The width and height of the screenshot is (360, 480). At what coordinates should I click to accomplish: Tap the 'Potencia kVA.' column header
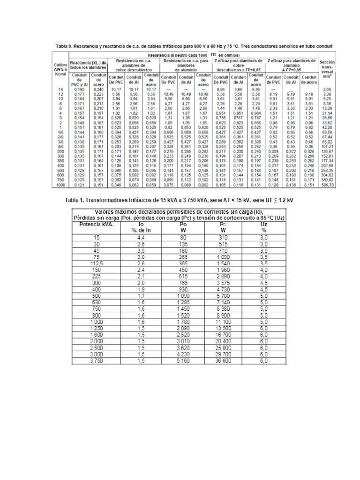tap(97, 224)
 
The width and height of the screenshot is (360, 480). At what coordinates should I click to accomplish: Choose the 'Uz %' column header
tap(263, 227)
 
